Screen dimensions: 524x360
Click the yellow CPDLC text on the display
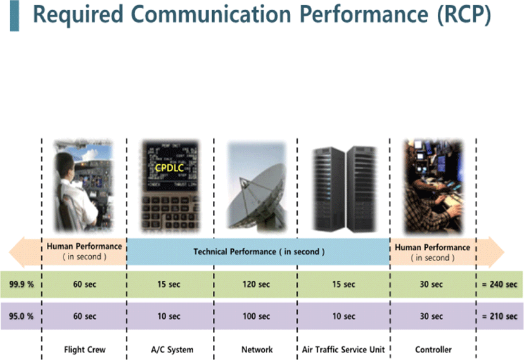[x=169, y=168]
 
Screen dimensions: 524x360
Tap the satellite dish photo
[x=257, y=186]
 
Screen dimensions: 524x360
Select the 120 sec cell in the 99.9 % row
[x=256, y=285]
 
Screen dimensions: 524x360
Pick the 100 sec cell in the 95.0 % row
[x=256, y=316]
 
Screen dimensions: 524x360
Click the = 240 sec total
[x=499, y=285]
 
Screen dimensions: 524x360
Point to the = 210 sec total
[x=499, y=316]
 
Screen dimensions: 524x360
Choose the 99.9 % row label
[x=22, y=285]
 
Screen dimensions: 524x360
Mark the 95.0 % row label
[x=22, y=316]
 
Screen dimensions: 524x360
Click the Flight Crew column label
[x=84, y=350]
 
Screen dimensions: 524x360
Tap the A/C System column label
[x=172, y=350]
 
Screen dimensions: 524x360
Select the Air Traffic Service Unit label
[x=343, y=350]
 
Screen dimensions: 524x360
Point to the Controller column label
[x=433, y=350]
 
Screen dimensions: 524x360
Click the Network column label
[x=257, y=350]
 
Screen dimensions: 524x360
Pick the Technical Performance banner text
[x=259, y=252]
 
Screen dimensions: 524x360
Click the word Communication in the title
[x=211, y=15]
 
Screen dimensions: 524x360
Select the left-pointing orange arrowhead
[x=16, y=252]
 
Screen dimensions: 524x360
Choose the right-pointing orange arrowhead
[x=496, y=252]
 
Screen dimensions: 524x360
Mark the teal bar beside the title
[x=15, y=16]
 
